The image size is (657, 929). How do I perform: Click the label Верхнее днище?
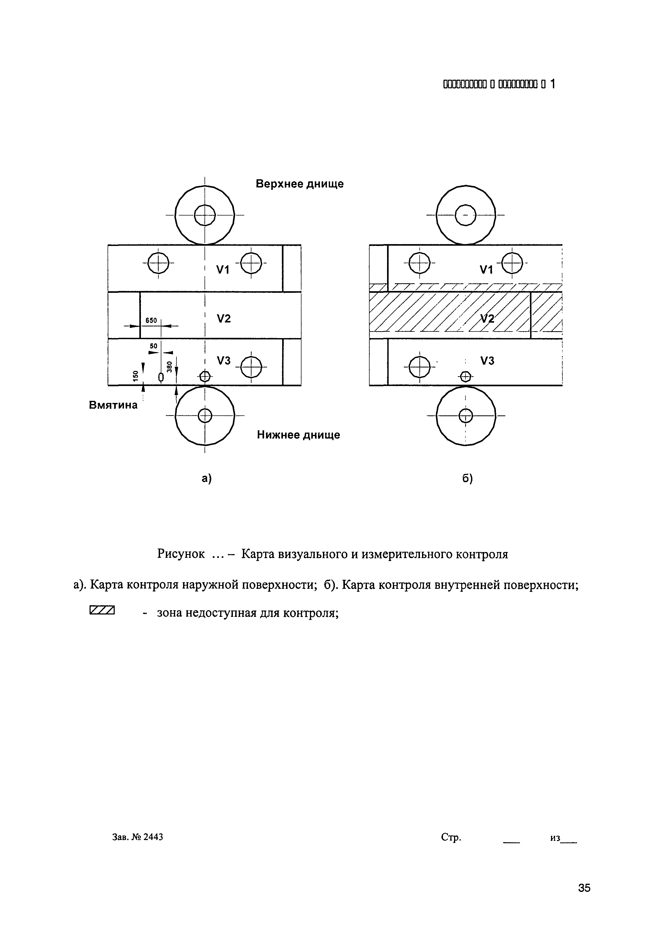coord(300,184)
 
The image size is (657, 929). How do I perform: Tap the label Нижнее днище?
coord(298,435)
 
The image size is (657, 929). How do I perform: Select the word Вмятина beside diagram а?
coord(113,405)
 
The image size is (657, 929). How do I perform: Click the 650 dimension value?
coord(151,320)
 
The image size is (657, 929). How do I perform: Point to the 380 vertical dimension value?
coord(170,366)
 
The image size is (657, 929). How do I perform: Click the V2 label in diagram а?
coord(223,319)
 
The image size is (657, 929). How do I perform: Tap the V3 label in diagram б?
coord(487,361)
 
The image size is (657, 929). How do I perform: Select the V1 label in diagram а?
coord(223,270)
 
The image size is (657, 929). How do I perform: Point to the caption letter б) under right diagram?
coord(468,479)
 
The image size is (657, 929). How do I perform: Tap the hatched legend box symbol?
coord(102,610)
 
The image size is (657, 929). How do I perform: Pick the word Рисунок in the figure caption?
coord(181,554)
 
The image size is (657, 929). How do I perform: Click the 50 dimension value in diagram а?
coord(153,346)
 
